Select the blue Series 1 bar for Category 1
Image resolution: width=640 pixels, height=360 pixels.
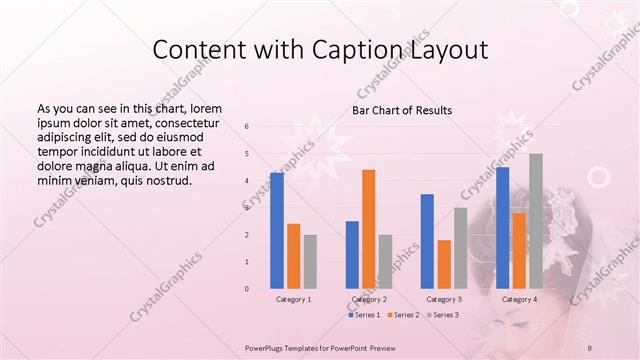pos(277,230)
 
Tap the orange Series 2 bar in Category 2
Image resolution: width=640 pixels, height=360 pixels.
pos(368,229)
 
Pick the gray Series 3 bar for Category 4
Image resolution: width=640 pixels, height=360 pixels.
pos(536,221)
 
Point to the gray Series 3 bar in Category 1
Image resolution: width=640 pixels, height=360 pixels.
pos(310,261)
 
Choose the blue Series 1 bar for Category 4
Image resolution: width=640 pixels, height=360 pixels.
pos(503,227)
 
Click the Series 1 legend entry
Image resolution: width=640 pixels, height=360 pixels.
pos(364,315)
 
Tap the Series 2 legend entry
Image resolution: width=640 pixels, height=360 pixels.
pos(402,315)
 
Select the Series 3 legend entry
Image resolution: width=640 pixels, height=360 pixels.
pos(441,315)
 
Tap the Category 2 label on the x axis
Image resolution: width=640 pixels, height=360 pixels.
pos(368,299)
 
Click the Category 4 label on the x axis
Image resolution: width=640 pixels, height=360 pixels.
pos(519,299)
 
